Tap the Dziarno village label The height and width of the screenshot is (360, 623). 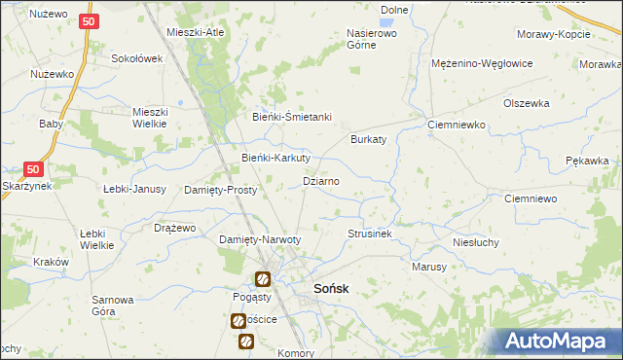click(x=321, y=181)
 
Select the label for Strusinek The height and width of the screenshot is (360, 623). click(x=370, y=234)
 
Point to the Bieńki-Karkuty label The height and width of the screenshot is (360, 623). click(x=275, y=158)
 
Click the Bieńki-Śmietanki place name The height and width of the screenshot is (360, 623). click(x=292, y=118)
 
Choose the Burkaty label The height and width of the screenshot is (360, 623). click(x=369, y=139)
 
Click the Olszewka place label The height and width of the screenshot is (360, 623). click(x=527, y=103)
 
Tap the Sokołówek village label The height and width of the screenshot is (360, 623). click(x=136, y=58)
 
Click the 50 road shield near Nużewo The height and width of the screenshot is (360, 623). click(x=89, y=20)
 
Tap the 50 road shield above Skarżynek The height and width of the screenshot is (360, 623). click(x=33, y=166)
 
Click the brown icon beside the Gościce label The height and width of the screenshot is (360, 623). click(x=238, y=320)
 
